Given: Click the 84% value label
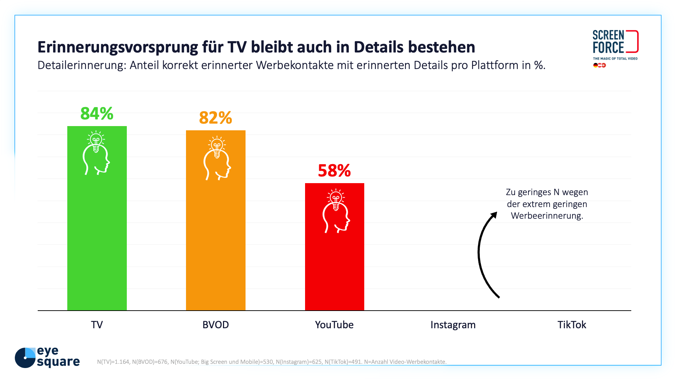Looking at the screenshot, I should click(97, 114).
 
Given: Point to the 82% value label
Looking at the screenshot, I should click(216, 118).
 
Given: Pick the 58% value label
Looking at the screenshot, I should click(334, 171).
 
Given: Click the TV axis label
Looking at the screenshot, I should click(97, 325).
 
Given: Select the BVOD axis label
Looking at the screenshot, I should click(216, 325).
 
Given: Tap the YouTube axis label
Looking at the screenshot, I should click(334, 325).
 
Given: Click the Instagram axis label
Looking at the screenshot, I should click(453, 325).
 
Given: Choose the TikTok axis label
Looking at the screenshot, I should click(572, 325).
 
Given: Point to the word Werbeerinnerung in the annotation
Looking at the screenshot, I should click(547, 216).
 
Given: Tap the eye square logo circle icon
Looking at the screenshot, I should click(25, 358).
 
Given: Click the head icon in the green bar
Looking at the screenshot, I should click(96, 153).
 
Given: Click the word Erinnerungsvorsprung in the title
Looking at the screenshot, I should click(118, 47).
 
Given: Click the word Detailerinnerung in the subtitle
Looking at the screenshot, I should click(81, 66).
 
